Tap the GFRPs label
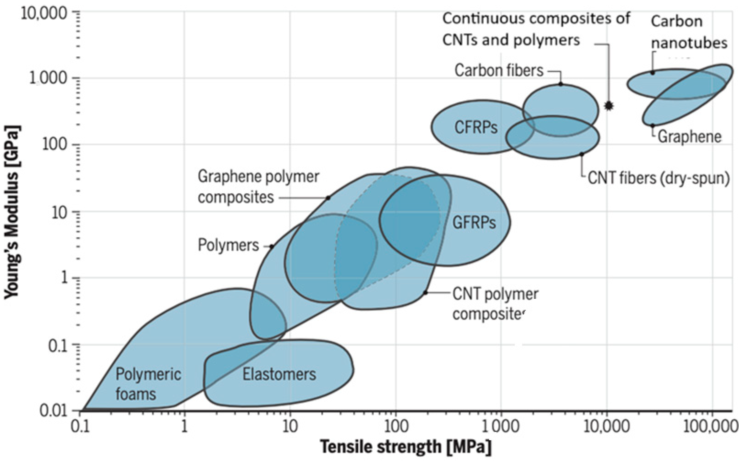point(474,223)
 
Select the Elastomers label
point(279,374)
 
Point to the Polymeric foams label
point(148,384)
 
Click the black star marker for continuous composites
point(609,106)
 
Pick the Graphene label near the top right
point(689,137)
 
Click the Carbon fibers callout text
point(499,71)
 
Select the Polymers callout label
point(228,245)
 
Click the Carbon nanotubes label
point(689,32)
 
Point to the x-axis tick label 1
point(184,427)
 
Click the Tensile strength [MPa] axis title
point(406,447)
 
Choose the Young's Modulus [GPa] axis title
point(12,211)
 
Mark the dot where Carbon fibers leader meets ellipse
point(561,84)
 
